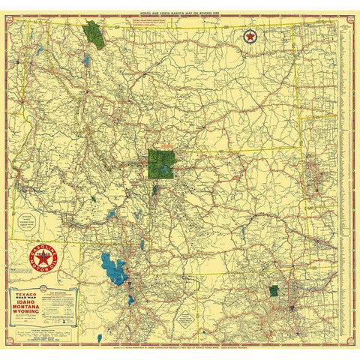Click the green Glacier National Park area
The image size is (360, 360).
(x=94, y=34)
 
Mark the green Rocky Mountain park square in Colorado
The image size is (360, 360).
(x=274, y=290)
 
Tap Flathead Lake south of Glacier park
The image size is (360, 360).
(x=87, y=58)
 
